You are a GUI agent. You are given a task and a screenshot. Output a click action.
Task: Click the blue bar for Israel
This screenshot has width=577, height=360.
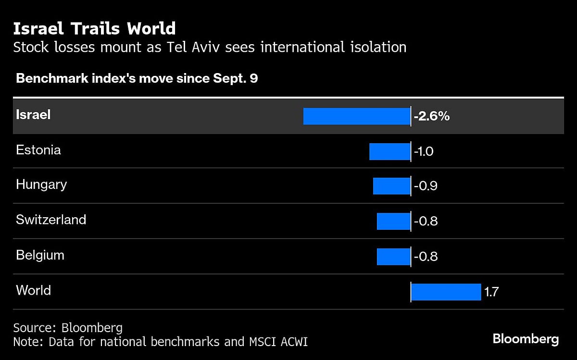[356, 116]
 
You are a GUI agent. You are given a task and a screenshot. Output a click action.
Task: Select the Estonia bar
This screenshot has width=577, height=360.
[389, 151]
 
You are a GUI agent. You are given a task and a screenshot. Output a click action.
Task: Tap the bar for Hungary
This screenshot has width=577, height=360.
[391, 186]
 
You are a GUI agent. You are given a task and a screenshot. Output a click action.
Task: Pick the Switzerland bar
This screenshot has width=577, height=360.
[393, 222]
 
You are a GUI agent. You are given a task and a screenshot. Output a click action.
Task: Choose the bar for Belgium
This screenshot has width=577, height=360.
[393, 257]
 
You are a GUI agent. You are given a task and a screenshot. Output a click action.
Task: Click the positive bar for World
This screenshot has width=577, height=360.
[446, 292]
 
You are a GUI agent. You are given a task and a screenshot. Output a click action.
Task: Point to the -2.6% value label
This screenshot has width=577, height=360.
[431, 116]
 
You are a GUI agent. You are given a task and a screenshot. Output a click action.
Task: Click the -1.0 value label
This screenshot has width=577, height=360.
[424, 151]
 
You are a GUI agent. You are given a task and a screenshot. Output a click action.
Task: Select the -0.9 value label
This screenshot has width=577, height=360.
[426, 186]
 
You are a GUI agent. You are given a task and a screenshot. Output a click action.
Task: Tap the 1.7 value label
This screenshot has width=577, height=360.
[491, 292]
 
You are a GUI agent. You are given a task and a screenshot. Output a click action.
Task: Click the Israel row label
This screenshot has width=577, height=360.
[33, 115]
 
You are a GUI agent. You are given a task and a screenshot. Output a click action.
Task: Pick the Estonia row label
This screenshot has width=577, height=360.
[38, 150]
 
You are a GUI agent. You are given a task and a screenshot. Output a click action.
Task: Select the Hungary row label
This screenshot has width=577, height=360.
[41, 185]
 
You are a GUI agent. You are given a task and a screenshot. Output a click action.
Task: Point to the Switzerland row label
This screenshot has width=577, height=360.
[51, 220]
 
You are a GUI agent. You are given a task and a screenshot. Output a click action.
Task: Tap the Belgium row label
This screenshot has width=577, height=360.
[40, 255]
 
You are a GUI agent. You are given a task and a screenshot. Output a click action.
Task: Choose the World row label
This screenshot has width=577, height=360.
[33, 290]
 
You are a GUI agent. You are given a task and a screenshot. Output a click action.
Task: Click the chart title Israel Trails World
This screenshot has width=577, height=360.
[94, 29]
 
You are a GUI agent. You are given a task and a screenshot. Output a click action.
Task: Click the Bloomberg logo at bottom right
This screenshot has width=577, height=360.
[526, 339]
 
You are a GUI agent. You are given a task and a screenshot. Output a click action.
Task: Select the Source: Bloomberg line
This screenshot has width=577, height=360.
[68, 328]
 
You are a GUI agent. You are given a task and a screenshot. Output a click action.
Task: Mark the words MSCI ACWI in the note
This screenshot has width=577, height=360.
[279, 342]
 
